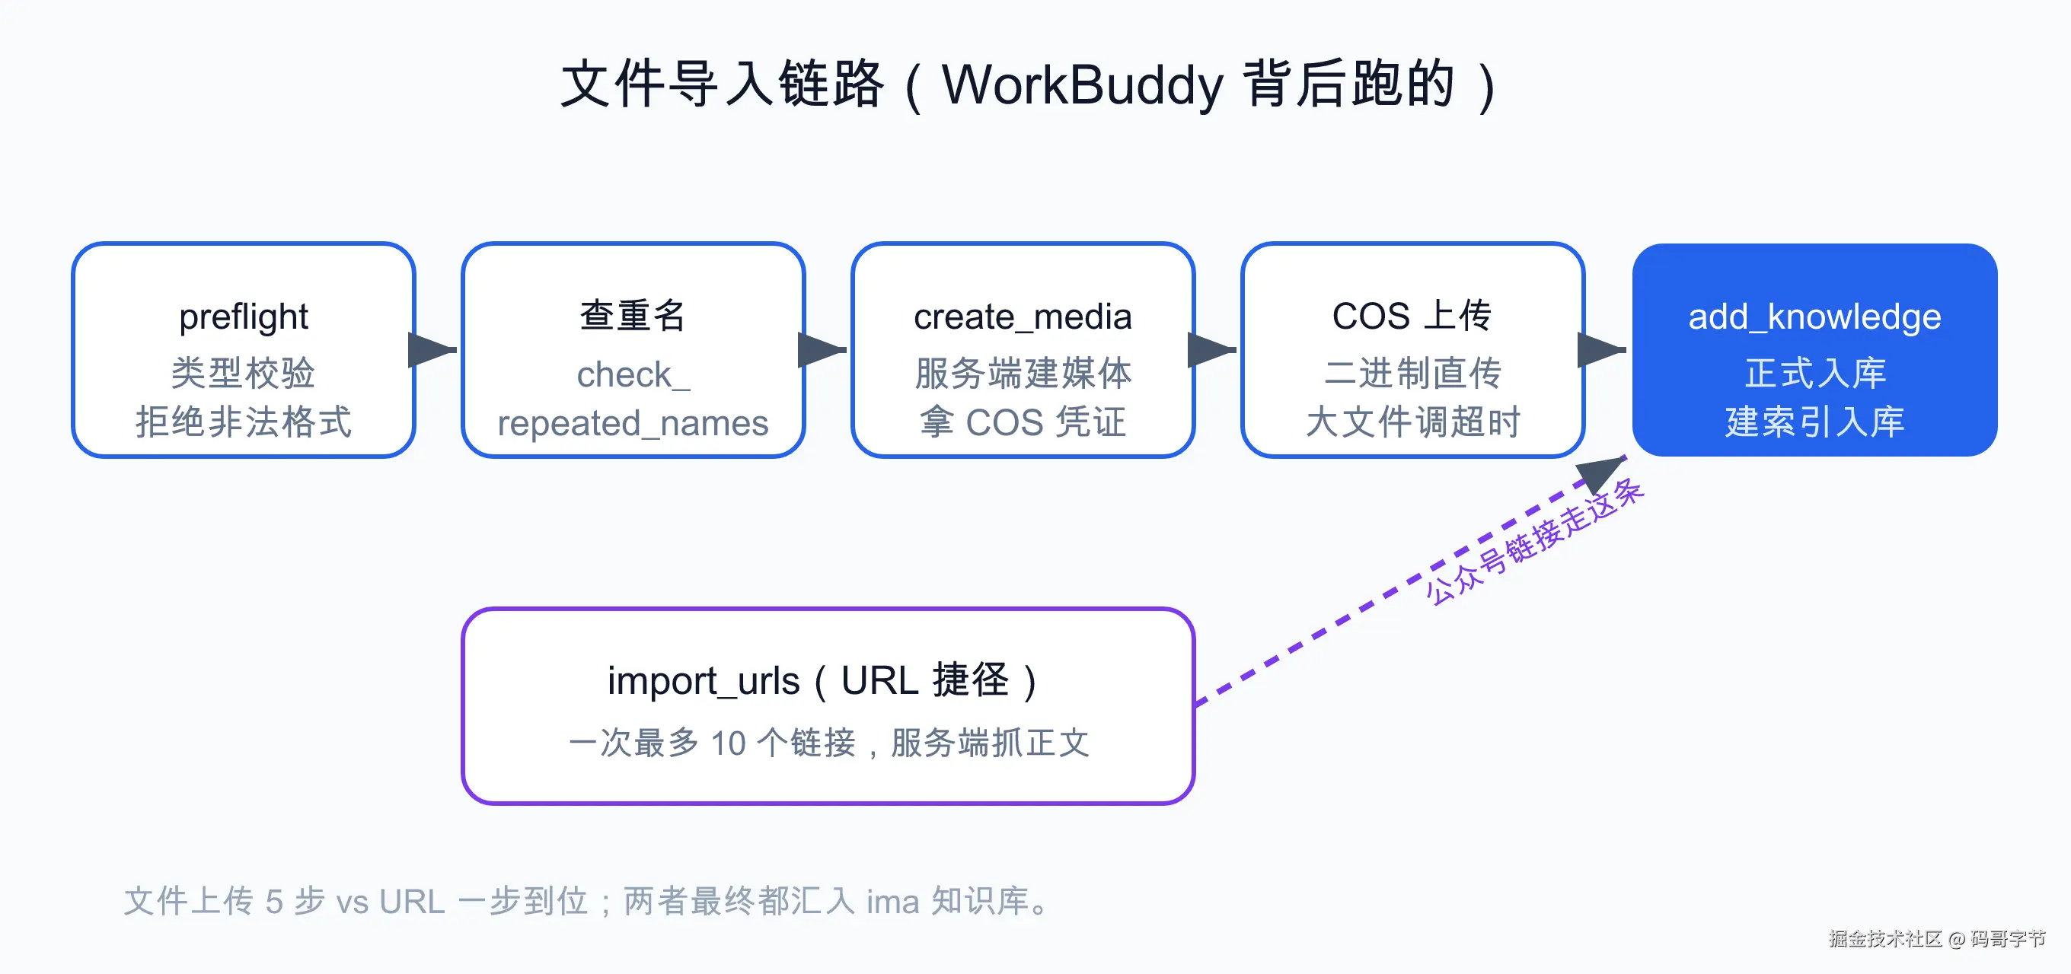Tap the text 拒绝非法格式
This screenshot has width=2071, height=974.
[x=244, y=422]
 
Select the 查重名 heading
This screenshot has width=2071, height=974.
[x=633, y=315]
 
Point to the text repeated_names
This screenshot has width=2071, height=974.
[x=633, y=424]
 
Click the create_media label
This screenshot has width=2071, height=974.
[x=1023, y=317]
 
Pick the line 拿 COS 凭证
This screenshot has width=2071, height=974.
[x=1023, y=422]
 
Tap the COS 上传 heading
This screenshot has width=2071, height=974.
[x=1412, y=315]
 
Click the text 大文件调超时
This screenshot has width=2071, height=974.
[x=1412, y=422]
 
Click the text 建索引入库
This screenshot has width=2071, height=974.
[x=1814, y=422]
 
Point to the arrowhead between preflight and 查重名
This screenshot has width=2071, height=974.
[x=431, y=349]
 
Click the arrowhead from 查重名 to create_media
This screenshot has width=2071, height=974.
[x=821, y=349]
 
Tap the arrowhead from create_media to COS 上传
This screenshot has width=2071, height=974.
[x=1211, y=349]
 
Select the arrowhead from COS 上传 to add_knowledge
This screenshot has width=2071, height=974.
[x=1600, y=349]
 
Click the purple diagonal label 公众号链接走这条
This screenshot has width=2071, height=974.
[x=1535, y=541]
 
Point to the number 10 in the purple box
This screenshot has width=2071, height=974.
[x=729, y=743]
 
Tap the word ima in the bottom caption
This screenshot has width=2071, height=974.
[x=892, y=902]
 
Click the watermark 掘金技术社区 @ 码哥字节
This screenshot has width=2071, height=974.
[x=1938, y=939]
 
